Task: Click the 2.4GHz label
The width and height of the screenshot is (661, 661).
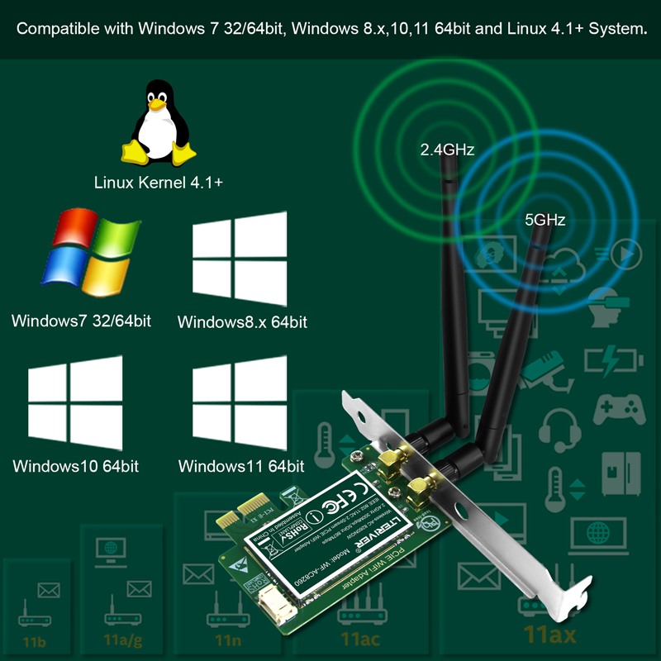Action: point(447,150)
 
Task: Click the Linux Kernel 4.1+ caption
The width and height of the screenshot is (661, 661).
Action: point(159,183)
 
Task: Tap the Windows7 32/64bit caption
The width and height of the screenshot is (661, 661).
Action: point(81,321)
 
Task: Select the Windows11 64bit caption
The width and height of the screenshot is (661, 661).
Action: point(241,466)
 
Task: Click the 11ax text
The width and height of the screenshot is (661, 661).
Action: point(550,635)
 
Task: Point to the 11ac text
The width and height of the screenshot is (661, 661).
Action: point(360,639)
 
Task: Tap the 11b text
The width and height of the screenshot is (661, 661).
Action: point(36,641)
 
